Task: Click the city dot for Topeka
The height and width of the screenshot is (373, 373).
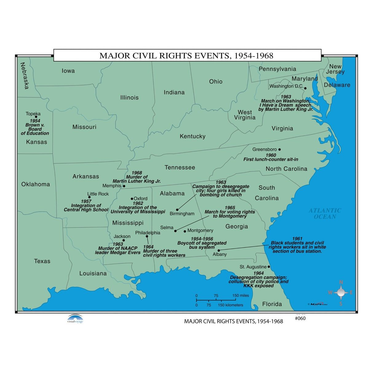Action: coord(36,117)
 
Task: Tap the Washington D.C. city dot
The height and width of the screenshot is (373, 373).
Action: coord(305,88)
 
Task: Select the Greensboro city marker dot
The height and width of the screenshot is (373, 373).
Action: coord(279,150)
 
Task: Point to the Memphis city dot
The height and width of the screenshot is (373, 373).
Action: coord(124,186)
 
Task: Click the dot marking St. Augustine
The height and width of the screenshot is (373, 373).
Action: coord(269,267)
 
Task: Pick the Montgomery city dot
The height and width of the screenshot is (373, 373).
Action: coord(185,231)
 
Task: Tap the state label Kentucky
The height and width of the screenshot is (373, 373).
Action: coord(192,136)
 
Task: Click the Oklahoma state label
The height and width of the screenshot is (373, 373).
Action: coord(35,184)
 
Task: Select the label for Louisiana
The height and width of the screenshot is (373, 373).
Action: coord(93,273)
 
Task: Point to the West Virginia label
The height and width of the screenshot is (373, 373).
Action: coord(245,115)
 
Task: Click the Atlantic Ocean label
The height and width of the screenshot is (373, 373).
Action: coord(325,213)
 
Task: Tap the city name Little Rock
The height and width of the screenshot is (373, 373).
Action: coord(98,194)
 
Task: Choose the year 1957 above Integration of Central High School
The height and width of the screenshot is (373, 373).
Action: coord(86,201)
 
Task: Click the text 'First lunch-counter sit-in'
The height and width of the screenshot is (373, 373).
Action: coord(271,159)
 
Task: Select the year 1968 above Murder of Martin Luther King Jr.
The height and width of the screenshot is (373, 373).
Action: coord(137,173)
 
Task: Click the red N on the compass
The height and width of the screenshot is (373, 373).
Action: coord(340,282)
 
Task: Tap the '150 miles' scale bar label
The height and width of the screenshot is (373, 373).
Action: coord(241,296)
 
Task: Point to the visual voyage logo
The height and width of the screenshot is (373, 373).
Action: coord(75,319)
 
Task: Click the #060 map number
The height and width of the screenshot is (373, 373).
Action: coord(300,318)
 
